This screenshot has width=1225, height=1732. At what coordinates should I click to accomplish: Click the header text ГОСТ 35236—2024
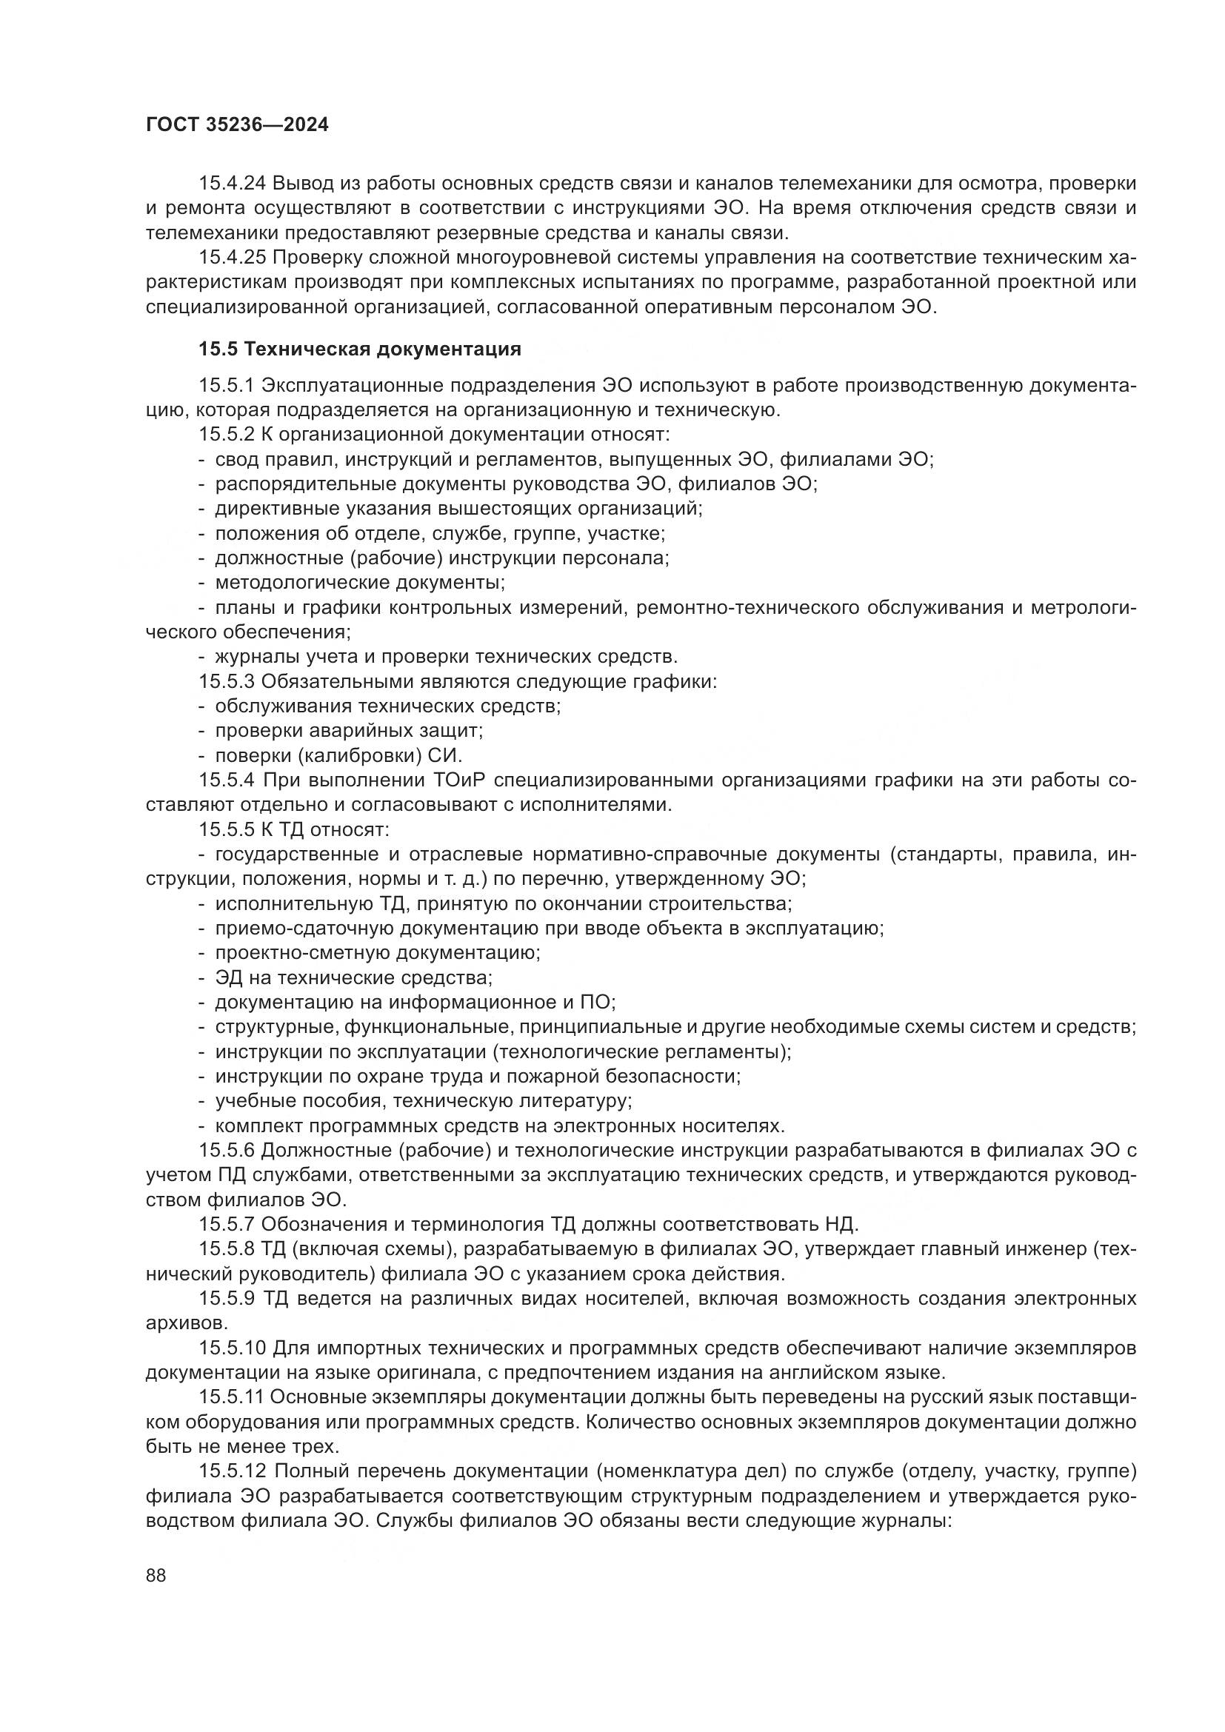(237, 125)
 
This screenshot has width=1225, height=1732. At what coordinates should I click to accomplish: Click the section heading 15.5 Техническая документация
(360, 350)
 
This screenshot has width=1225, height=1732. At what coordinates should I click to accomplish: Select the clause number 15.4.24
(233, 184)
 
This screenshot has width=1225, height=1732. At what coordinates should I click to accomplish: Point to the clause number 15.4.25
(233, 258)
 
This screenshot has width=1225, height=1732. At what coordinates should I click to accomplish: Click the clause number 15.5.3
(227, 682)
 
